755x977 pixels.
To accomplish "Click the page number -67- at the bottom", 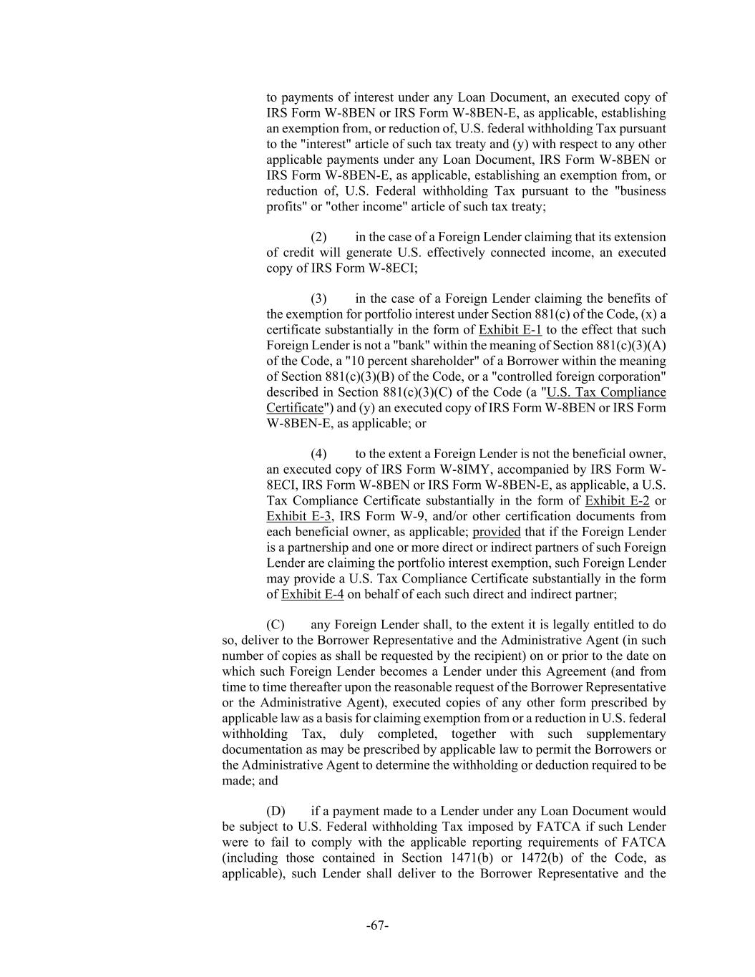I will coord(377,925).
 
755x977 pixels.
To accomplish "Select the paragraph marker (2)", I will coord(318,237).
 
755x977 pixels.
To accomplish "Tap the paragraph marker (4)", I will coord(318,454).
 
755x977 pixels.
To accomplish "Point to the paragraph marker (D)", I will coord(276,811).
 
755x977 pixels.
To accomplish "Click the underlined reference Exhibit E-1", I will coord(510,330).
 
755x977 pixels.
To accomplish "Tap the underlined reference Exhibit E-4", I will coord(312,595).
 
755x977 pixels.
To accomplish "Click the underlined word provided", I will coord(497,532).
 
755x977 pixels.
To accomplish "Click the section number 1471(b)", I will coord(465,858).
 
